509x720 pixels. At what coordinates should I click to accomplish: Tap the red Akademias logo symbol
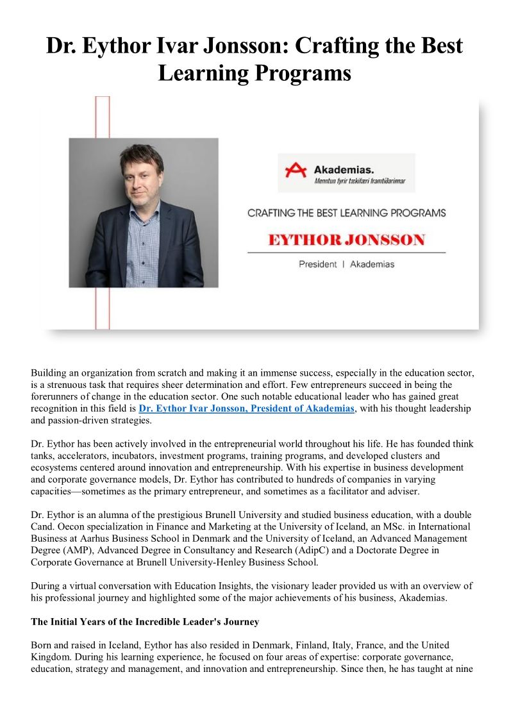click(296, 170)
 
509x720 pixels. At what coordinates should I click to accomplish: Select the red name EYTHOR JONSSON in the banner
click(346, 240)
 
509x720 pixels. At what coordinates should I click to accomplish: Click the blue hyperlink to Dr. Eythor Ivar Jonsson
click(246, 408)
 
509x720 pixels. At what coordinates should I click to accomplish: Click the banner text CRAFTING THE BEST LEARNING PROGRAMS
click(346, 213)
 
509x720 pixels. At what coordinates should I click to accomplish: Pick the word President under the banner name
click(317, 264)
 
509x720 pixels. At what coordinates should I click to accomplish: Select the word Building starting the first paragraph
click(49, 373)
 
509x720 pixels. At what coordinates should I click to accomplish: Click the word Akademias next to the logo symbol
click(344, 169)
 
